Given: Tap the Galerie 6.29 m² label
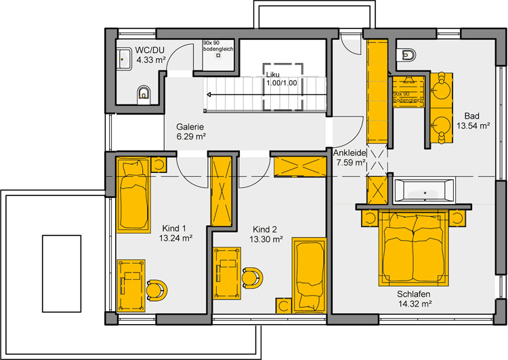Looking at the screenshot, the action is pyautogui.click(x=191, y=132).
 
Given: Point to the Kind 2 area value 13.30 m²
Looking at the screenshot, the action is pyautogui.click(x=266, y=239).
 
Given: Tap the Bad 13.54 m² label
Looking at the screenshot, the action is pyautogui.click(x=473, y=121).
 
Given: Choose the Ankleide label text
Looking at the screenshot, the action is pyautogui.click(x=350, y=153).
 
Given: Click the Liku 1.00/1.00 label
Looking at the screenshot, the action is pyautogui.click(x=281, y=79).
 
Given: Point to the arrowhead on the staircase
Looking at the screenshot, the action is pyautogui.click(x=209, y=95).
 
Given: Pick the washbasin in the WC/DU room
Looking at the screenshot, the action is pyautogui.click(x=123, y=59).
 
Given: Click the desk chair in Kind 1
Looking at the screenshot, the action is pyautogui.click(x=157, y=291).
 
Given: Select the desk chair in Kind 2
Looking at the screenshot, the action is pyautogui.click(x=253, y=278).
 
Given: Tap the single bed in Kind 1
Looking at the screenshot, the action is pyautogui.click(x=133, y=195).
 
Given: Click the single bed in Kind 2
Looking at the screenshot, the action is pyautogui.click(x=309, y=276).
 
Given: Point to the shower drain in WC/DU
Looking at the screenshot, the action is pyautogui.click(x=218, y=56).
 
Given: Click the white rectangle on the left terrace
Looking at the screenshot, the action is pyautogui.click(x=62, y=274).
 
